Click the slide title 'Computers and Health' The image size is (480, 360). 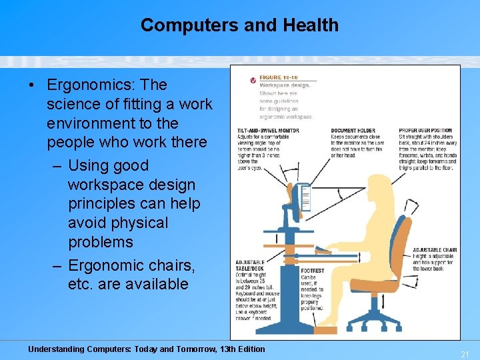(x=239, y=25)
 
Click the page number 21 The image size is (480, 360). (x=465, y=354)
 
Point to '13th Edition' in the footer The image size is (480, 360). (x=237, y=349)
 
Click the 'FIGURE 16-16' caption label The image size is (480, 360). (x=279, y=77)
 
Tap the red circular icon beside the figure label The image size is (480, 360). (x=253, y=80)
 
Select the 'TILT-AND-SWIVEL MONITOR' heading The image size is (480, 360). (x=268, y=131)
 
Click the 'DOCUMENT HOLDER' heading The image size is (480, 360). (x=353, y=131)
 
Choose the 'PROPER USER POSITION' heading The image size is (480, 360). (x=425, y=131)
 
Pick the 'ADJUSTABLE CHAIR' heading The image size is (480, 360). (x=433, y=250)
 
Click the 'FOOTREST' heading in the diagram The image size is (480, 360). (x=312, y=271)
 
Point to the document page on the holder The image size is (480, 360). (x=306, y=197)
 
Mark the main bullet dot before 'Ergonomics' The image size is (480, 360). (x=31, y=86)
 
